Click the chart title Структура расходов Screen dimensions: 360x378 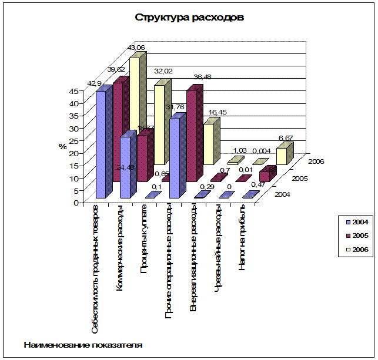click(x=189, y=17)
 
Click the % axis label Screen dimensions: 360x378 click(x=62, y=147)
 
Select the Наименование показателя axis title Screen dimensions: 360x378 click(x=83, y=345)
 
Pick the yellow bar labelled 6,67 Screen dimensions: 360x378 click(x=282, y=156)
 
